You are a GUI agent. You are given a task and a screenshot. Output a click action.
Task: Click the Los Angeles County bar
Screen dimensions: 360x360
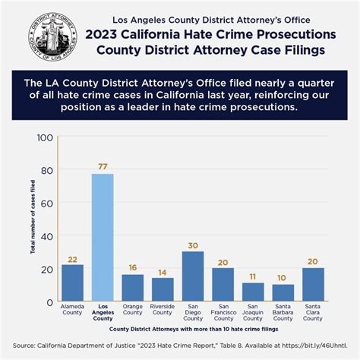click(x=103, y=237)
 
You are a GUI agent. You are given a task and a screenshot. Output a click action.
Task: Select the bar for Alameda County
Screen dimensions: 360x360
click(x=72, y=282)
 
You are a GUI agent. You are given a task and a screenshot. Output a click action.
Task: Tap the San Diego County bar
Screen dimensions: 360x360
click(x=193, y=276)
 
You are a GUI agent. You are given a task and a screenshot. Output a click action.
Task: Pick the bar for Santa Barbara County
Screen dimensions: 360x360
click(x=283, y=292)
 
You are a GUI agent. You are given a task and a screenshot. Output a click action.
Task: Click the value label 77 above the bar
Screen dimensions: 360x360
click(x=103, y=166)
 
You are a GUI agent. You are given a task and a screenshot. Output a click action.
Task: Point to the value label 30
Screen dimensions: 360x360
click(x=193, y=245)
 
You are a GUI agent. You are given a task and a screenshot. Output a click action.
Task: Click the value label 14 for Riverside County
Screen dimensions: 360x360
click(x=163, y=271)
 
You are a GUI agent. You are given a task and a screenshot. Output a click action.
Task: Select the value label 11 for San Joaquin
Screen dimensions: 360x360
click(x=253, y=276)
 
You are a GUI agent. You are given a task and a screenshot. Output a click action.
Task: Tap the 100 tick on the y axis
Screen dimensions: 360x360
click(x=44, y=137)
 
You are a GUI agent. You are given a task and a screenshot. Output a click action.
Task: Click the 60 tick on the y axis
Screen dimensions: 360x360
click(x=46, y=204)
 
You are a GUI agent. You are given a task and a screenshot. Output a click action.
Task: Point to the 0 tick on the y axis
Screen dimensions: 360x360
click(x=49, y=302)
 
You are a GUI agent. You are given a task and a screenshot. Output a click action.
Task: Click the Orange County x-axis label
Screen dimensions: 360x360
click(x=132, y=310)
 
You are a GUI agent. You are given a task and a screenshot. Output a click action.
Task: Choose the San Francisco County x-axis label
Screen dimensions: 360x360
click(x=223, y=313)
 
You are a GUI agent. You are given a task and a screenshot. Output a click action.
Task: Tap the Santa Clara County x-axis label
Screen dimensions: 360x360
click(x=313, y=313)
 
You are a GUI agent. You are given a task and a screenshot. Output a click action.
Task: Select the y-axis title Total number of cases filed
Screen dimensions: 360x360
click(x=33, y=227)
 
